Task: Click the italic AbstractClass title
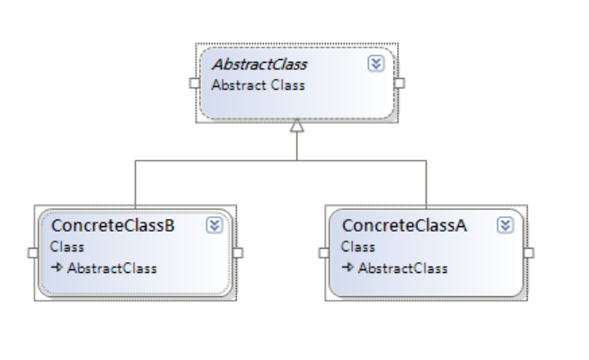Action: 259,65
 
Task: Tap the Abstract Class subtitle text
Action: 258,85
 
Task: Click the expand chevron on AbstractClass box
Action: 376,65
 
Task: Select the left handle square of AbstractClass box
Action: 194,83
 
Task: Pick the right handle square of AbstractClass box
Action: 400,83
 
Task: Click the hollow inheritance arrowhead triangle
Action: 297,127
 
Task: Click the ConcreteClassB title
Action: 112,225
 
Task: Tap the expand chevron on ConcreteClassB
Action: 214,225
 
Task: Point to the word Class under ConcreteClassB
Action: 67,246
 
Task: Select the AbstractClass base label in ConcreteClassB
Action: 111,268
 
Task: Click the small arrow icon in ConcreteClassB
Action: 57,268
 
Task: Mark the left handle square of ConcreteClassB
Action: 32,252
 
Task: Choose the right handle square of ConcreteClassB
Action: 238,252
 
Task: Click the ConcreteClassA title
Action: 404,225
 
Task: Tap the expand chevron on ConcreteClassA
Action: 505,225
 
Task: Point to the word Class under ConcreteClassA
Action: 358,246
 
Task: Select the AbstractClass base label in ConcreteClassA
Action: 402,268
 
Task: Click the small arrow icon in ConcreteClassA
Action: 347,268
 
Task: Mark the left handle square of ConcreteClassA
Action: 323,252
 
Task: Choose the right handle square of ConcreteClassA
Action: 528,252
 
